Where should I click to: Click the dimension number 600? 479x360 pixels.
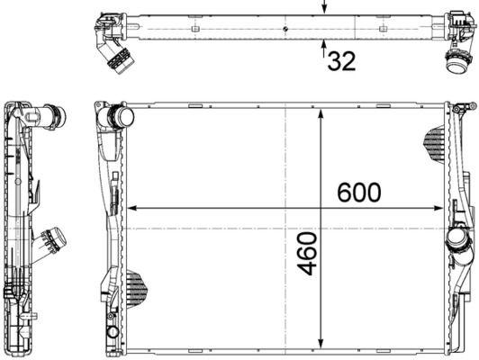(x=358, y=192)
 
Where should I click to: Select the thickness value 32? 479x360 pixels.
(x=340, y=61)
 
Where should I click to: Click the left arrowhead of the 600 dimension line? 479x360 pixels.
(x=135, y=208)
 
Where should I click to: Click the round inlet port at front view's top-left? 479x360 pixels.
(x=120, y=117)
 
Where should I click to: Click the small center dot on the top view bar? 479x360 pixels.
(x=285, y=29)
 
